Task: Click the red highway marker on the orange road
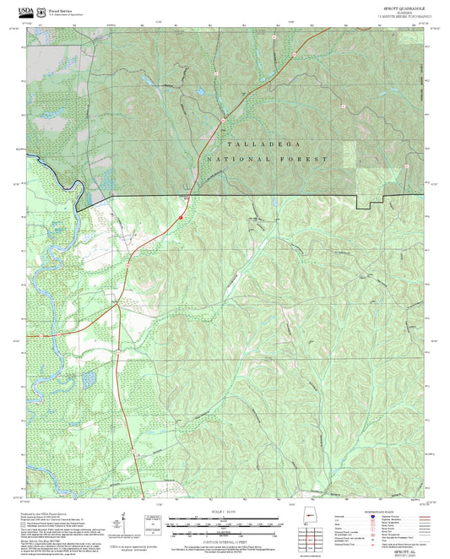[x=180, y=218]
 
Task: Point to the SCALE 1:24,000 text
[x=225, y=510]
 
